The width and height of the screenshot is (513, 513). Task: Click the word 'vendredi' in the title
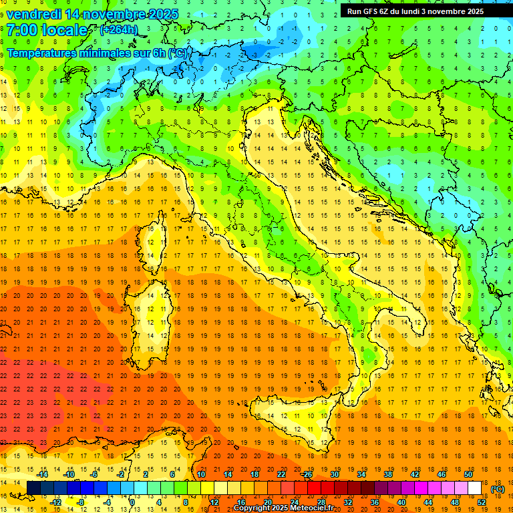tap(33, 14)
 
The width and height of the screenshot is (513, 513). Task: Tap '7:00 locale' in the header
tap(47, 30)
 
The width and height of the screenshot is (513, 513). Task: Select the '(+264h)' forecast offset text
tap(119, 29)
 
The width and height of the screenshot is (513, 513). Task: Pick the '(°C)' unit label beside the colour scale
tap(498, 489)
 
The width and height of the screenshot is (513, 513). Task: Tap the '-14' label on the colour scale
tap(43, 474)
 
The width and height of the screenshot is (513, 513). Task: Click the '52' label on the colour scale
tap(482, 502)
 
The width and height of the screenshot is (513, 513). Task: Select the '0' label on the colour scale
tap(132, 502)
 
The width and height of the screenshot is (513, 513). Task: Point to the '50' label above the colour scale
tap(468, 474)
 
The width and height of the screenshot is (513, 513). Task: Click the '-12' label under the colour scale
tap(55, 502)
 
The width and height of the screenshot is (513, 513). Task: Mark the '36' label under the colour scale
tap(375, 502)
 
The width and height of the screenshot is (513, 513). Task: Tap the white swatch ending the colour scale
tap(475, 488)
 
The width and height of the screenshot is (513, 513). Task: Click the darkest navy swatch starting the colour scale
tap(33, 488)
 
